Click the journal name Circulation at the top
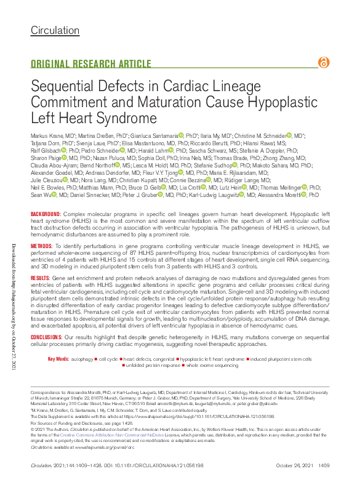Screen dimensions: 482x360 (55, 30)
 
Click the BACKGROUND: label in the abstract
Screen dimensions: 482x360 (45, 214)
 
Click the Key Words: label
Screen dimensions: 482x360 (58, 359)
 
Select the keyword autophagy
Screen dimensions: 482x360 (82, 359)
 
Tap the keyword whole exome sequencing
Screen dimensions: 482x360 (213, 365)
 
